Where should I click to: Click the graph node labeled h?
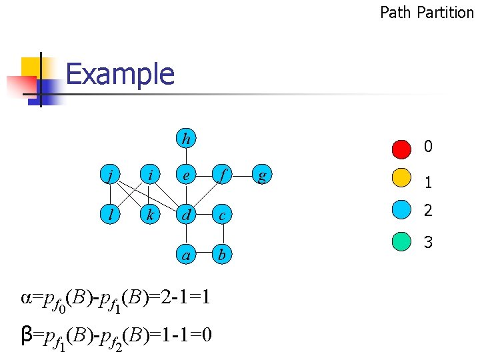click(187, 139)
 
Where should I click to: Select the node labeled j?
click(110, 176)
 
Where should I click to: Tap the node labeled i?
click(151, 176)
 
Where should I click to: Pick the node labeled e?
click(187, 176)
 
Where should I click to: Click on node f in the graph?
click(223, 176)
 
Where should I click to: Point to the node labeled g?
click(263, 176)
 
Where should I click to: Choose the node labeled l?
click(110, 215)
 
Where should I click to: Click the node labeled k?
click(151, 215)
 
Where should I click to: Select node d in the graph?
click(187, 215)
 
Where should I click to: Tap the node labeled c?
click(223, 215)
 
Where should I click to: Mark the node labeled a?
click(187, 254)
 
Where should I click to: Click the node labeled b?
click(223, 254)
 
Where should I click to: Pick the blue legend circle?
click(401, 211)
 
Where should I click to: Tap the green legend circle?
click(401, 241)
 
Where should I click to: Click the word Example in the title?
click(120, 74)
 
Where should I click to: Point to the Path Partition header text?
click(427, 11)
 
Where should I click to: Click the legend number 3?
click(428, 242)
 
